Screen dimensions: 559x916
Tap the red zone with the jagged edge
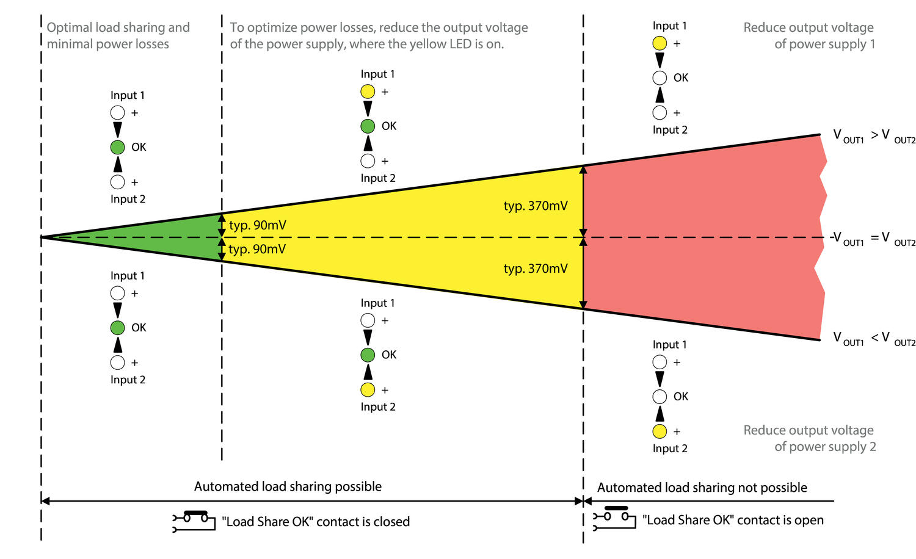click(702, 237)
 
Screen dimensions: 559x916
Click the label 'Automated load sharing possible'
click(288, 486)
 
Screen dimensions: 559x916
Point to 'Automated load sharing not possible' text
click(702, 488)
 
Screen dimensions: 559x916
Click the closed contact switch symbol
click(194, 521)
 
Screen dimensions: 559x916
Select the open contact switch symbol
click(614, 518)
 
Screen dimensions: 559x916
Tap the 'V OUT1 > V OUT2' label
click(874, 136)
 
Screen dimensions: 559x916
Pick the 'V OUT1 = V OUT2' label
click(874, 239)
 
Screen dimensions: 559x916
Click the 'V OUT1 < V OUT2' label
click(874, 339)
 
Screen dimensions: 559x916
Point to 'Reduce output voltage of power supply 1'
click(809, 35)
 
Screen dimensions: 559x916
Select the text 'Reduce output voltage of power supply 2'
click(809, 438)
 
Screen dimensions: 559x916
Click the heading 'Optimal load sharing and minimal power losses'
click(118, 35)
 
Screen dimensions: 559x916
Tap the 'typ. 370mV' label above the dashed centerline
click(536, 206)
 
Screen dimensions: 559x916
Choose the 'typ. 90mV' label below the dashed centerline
click(257, 249)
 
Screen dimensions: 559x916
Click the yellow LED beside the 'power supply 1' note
click(660, 43)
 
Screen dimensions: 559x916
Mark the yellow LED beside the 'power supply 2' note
click(660, 431)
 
